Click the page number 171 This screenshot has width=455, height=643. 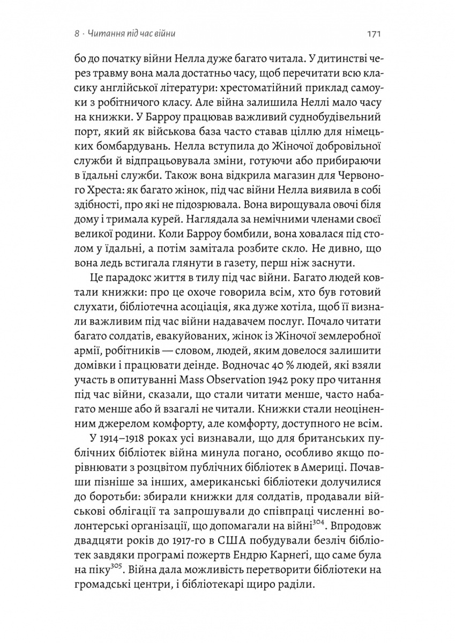[x=374, y=34]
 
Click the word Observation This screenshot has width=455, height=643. [x=254, y=379]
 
